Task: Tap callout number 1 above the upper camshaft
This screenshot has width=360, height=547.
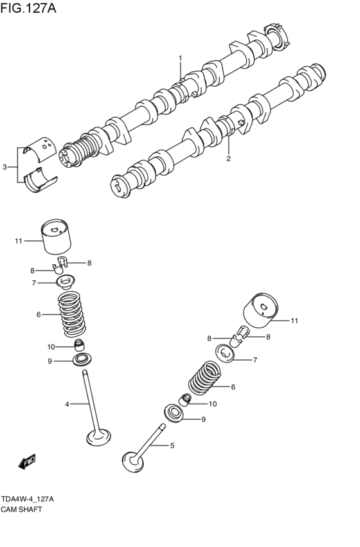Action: tap(181, 58)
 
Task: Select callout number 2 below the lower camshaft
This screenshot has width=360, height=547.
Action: tap(228, 157)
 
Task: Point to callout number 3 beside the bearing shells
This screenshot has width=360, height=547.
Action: tap(5, 167)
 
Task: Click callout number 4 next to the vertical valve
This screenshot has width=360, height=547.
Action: tap(66, 404)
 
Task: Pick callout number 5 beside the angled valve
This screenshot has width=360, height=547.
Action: tap(172, 445)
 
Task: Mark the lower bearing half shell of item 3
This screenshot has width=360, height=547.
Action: tap(39, 179)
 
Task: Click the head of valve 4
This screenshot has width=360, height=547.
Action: tap(98, 438)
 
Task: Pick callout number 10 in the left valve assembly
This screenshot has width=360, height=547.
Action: tap(51, 347)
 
